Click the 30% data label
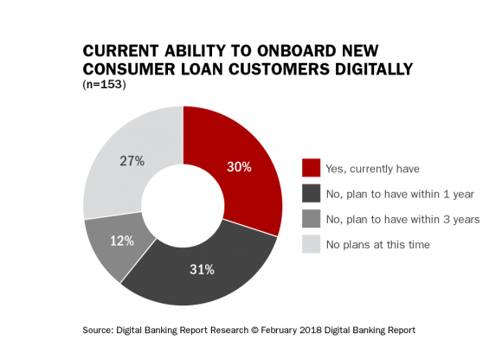coord(239,167)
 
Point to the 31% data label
coord(202,269)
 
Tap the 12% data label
coord(122,241)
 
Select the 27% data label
coord(132,161)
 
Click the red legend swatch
coord(311,168)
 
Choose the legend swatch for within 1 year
coord(311,193)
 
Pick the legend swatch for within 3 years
coord(311,218)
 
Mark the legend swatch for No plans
coord(311,244)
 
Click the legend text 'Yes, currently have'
coord(373,169)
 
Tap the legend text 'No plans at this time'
coord(378,245)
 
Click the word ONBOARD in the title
coord(296,51)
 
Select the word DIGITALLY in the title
coord(374,69)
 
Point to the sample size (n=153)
coord(104,85)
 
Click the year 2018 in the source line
coord(311,330)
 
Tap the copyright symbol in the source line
coord(254,330)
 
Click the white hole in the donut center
coord(183,206)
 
